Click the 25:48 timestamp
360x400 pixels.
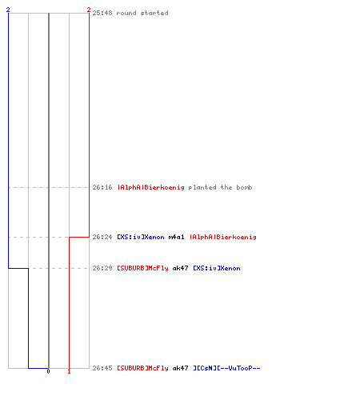102,13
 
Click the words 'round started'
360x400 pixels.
142,13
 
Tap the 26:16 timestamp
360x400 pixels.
102,187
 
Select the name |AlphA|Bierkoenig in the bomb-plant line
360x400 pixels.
151,188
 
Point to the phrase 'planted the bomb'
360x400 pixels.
220,188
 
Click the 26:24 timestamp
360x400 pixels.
102,237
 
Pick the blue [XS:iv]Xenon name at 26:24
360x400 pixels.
141,237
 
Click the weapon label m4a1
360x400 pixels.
176,237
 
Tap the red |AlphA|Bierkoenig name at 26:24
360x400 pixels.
223,238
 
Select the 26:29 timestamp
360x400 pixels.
102,268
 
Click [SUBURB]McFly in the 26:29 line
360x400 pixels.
143,268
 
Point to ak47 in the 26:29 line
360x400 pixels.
181,268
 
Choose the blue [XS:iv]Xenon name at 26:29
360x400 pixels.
217,268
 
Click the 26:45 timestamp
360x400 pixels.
102,368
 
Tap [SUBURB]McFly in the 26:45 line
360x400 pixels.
143,368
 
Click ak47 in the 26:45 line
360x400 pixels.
181,368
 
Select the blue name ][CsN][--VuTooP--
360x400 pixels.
226,368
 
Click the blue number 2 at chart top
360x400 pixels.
8,10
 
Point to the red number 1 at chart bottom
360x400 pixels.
69,371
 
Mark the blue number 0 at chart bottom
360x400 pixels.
48,371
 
